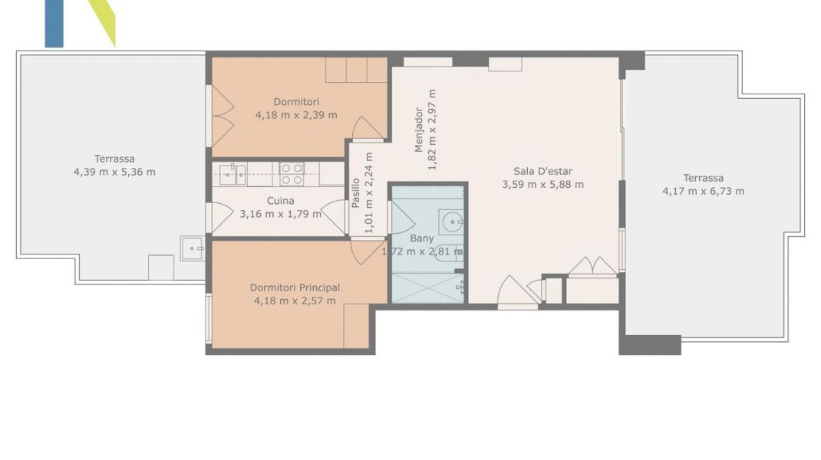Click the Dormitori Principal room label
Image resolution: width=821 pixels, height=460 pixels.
point(295,287)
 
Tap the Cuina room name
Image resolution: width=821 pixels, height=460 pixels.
point(280,200)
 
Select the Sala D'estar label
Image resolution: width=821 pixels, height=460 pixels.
point(542,171)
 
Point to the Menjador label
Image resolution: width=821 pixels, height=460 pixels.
point(418,130)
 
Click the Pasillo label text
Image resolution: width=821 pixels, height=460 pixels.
point(355,193)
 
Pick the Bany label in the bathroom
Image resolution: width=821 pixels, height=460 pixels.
point(421,238)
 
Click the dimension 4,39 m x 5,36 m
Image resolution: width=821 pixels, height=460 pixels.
point(114,172)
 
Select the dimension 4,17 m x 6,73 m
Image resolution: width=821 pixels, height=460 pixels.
point(703,191)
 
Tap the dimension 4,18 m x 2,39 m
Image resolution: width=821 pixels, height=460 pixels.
point(296,115)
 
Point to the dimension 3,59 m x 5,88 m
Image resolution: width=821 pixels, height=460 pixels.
point(542,184)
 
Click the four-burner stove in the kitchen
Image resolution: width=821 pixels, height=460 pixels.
point(292,174)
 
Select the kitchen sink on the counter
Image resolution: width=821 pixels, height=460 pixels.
point(232,175)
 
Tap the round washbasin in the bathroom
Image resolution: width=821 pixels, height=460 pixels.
point(452,222)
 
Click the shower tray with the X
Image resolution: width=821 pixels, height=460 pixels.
point(428,288)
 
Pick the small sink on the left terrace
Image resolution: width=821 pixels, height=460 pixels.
point(192,248)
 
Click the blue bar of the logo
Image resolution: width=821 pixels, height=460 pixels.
point(54,24)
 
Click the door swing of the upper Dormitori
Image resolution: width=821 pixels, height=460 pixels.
point(368,129)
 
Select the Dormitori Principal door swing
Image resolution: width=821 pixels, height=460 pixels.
point(367,252)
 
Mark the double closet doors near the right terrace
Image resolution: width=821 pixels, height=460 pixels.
point(592,266)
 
